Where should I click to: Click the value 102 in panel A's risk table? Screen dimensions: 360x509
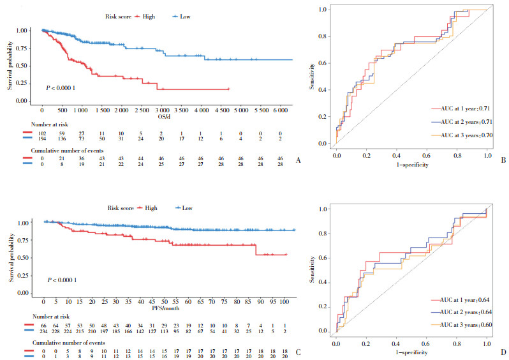pyautogui.click(x=42, y=131)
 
